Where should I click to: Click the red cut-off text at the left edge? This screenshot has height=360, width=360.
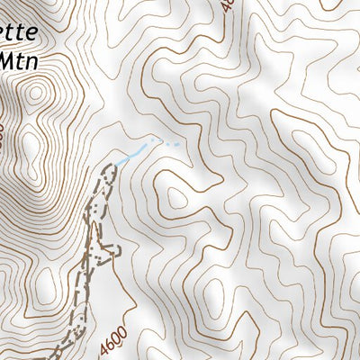3,135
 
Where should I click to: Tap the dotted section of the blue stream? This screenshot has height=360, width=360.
162,142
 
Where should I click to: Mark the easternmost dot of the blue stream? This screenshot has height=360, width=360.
179,143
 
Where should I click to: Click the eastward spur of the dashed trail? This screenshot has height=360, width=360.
112,247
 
